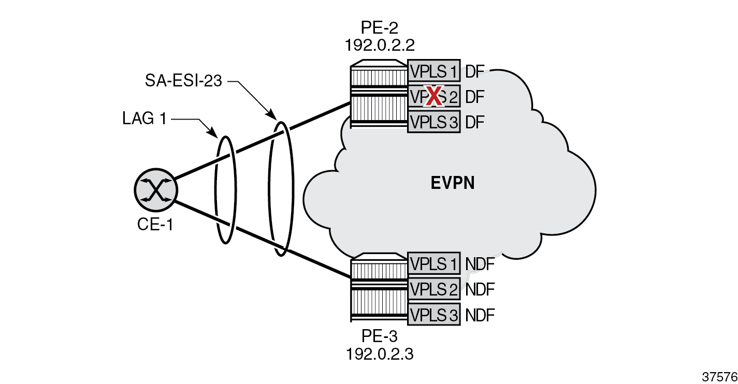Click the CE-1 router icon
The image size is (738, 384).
pyautogui.click(x=155, y=188)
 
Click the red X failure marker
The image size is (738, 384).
pyautogui.click(x=433, y=96)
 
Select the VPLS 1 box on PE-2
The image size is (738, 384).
pyautogui.click(x=433, y=71)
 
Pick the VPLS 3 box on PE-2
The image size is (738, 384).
pyautogui.click(x=433, y=122)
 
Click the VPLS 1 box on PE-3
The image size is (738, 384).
pyautogui.click(x=433, y=264)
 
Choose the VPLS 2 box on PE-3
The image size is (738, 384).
pyautogui.click(x=433, y=289)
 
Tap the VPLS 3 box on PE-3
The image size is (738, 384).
pyautogui.click(x=433, y=315)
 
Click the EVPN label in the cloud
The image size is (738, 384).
pyautogui.click(x=453, y=183)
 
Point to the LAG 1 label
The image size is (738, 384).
pyautogui.click(x=145, y=119)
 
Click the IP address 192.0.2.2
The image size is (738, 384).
pyautogui.click(x=379, y=45)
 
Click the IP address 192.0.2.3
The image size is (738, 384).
pyautogui.click(x=379, y=355)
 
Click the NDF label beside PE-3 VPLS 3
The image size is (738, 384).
pyautogui.click(x=480, y=315)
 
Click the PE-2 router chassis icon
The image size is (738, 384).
pyautogui.click(x=379, y=93)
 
